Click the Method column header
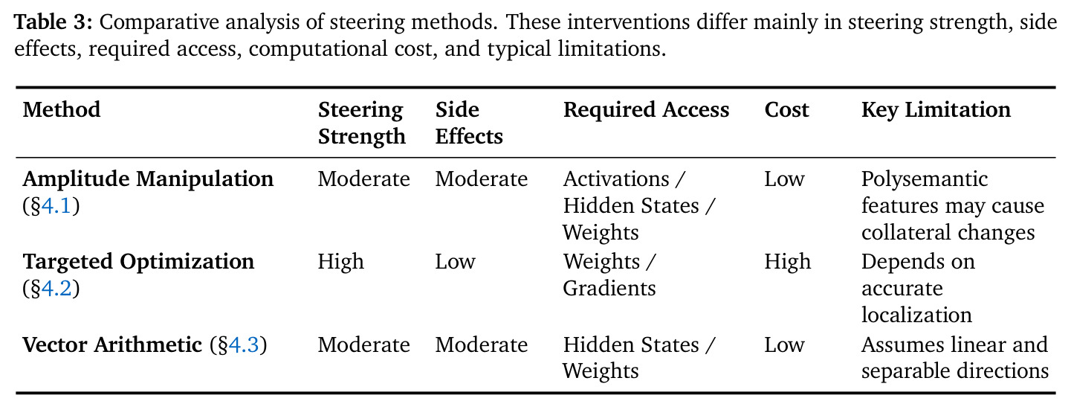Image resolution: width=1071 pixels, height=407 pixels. click(x=62, y=109)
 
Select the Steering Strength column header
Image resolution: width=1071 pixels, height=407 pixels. click(x=361, y=123)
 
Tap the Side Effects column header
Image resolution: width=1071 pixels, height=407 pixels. click(x=469, y=123)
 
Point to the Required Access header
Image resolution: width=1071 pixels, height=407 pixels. click(x=646, y=110)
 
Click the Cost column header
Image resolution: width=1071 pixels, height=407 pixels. click(x=786, y=109)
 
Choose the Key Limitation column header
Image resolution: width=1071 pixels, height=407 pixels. click(x=936, y=110)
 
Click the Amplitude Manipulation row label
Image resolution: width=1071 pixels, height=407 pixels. click(x=148, y=179)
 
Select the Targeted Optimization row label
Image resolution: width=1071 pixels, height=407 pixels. click(x=139, y=262)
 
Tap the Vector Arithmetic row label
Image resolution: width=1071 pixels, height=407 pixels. click(x=112, y=344)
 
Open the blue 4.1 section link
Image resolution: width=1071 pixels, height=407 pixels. click(x=56, y=206)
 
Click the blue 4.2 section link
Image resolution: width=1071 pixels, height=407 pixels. click(x=56, y=289)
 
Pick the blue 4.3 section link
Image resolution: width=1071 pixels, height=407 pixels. click(x=243, y=344)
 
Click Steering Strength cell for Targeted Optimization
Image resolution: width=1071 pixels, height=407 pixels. click(x=341, y=262)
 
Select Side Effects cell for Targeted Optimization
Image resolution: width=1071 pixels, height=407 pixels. click(x=455, y=262)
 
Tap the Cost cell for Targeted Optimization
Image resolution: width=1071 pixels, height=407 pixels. click(x=788, y=262)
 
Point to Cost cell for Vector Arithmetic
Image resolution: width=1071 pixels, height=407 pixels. click(x=785, y=344)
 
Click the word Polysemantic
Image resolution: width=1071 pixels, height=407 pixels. click(x=925, y=179)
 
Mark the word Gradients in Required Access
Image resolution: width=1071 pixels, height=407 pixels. click(x=609, y=288)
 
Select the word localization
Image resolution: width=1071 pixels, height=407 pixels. click(x=917, y=315)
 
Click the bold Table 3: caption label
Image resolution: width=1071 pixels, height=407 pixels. click(x=53, y=22)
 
